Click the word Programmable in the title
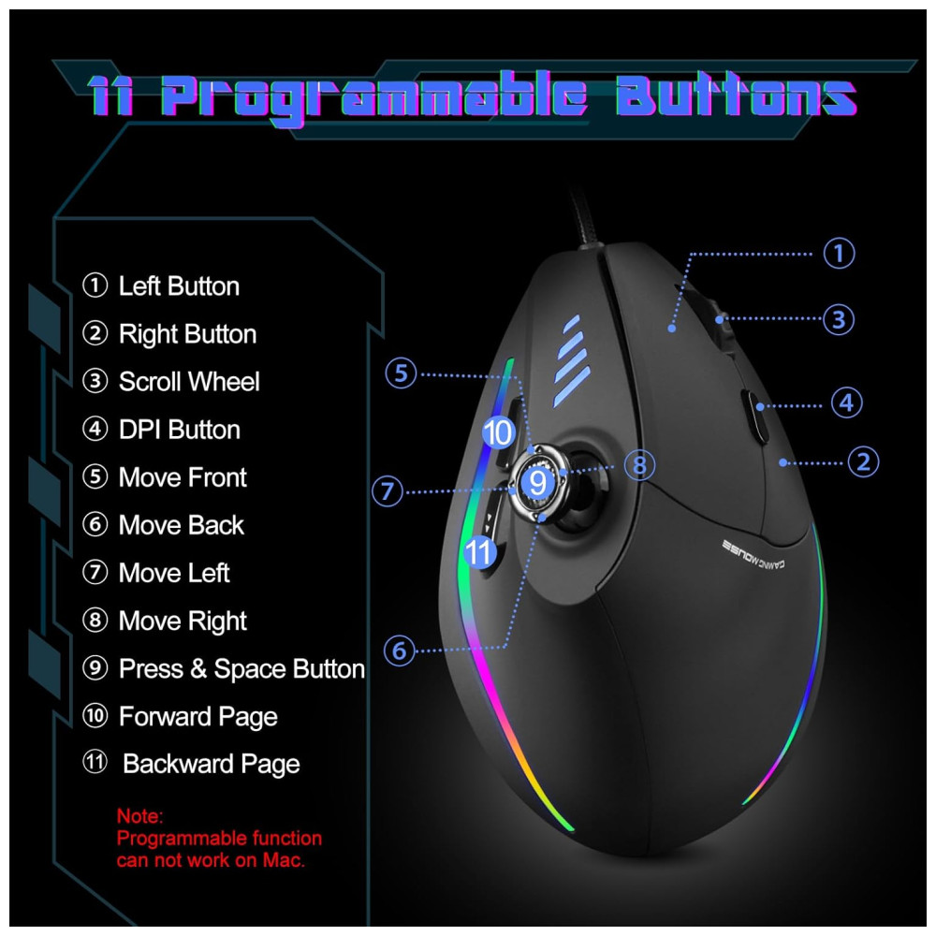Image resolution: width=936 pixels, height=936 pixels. click(375, 96)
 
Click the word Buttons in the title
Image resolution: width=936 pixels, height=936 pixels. click(736, 95)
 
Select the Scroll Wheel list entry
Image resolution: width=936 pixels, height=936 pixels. click(170, 382)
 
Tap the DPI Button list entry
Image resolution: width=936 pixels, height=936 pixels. click(161, 430)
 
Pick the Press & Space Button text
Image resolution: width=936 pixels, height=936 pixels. click(224, 668)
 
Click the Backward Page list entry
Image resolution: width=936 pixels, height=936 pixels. click(191, 764)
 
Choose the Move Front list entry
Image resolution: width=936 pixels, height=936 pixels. click(164, 477)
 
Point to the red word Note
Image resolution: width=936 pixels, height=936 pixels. click(139, 816)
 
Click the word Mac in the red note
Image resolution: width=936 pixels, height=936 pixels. click(284, 860)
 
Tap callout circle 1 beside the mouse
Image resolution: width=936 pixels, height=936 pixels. click(839, 253)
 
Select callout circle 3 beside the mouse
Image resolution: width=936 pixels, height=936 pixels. click(839, 319)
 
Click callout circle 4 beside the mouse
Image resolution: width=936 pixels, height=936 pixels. click(846, 402)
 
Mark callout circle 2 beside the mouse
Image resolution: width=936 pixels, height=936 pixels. click(863, 462)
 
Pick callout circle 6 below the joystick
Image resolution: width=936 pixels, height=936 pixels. click(399, 651)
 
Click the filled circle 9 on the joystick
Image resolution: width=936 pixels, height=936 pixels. click(538, 482)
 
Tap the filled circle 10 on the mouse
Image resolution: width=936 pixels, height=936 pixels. click(499, 432)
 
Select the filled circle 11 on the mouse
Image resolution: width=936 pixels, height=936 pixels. click(480, 552)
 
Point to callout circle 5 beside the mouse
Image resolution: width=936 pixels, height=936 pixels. click(401, 373)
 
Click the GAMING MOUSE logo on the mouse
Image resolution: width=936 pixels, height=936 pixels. click(753, 555)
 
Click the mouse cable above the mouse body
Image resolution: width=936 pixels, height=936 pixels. click(586, 218)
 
